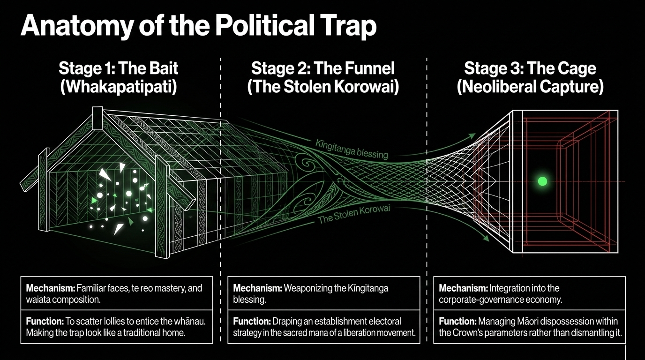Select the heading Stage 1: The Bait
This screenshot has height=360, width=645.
pyautogui.click(x=119, y=68)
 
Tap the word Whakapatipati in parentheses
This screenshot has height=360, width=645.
pyautogui.click(x=119, y=88)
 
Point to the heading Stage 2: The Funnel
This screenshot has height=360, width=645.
pyautogui.click(x=323, y=68)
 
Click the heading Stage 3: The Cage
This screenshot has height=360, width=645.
pyautogui.click(x=530, y=68)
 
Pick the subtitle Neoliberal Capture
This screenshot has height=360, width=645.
pyautogui.click(x=530, y=88)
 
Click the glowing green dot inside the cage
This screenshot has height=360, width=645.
pyautogui.click(x=542, y=181)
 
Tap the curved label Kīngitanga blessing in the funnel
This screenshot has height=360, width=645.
pyautogui.click(x=351, y=148)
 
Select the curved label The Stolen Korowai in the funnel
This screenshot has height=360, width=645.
pyautogui.click(x=353, y=214)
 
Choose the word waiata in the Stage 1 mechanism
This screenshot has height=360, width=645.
pyautogui.click(x=38, y=299)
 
